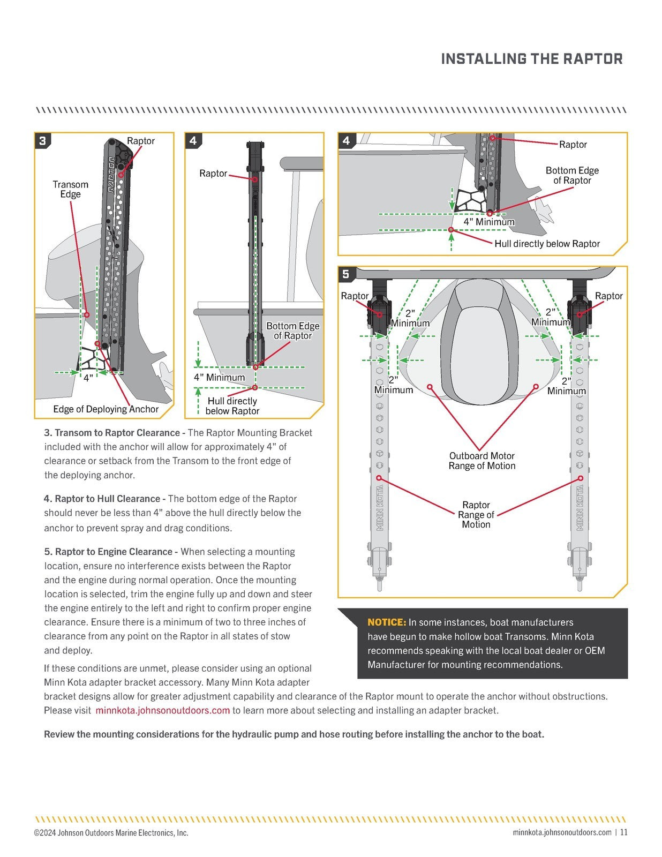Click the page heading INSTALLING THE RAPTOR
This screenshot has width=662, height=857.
pyautogui.click(x=531, y=59)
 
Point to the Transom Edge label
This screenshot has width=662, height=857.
pyautogui.click(x=70, y=189)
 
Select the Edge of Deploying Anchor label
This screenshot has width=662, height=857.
pyautogui.click(x=106, y=409)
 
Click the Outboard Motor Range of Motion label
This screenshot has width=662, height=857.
pyautogui.click(x=482, y=461)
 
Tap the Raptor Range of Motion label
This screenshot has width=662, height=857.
pyautogui.click(x=476, y=515)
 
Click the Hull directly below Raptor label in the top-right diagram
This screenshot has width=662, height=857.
pyautogui.click(x=547, y=244)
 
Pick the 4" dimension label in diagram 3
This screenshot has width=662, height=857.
pyautogui.click(x=88, y=378)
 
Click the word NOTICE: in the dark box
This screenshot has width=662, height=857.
pyautogui.click(x=387, y=622)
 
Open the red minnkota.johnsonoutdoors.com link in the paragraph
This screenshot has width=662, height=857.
pyautogui.click(x=163, y=711)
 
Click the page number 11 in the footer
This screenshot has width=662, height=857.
pyautogui.click(x=624, y=832)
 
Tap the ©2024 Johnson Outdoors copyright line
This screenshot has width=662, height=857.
pyautogui.click(x=111, y=833)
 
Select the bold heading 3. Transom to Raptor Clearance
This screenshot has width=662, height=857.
pyautogui.click(x=115, y=433)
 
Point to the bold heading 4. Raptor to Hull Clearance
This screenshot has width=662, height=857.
pyautogui.click(x=104, y=499)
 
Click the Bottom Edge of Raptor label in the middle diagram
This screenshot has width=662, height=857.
pyautogui.click(x=292, y=330)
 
